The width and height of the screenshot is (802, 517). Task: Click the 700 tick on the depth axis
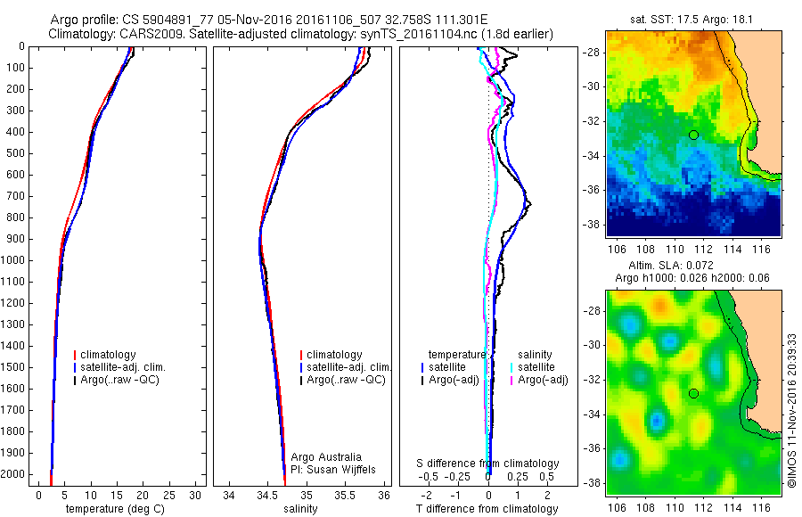point(15,196)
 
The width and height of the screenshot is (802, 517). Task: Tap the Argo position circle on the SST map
point(693,135)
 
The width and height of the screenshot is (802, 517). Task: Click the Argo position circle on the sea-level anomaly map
point(693,393)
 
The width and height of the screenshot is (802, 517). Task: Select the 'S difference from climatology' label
point(488,464)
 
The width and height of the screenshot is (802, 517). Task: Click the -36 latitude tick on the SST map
point(592,190)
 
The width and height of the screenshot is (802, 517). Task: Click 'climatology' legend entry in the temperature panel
point(110,355)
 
